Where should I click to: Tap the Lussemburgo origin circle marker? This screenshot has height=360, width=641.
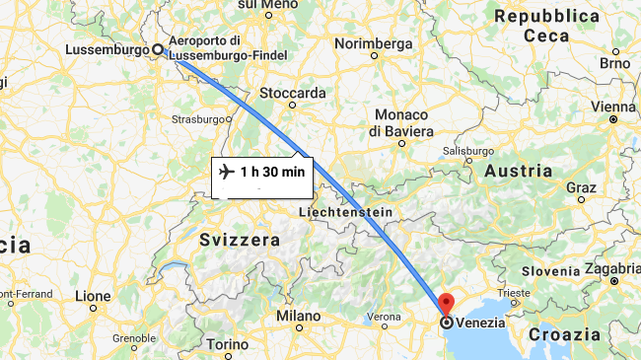pyautogui.click(x=158, y=48)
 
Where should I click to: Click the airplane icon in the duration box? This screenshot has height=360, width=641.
pyautogui.click(x=227, y=172)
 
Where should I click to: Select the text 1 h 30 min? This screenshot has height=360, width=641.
pyautogui.click(x=273, y=172)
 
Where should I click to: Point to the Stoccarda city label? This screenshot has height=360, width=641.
pyautogui.click(x=292, y=93)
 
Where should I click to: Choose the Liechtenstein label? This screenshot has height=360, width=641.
pyautogui.click(x=345, y=212)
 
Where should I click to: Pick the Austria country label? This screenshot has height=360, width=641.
pyautogui.click(x=519, y=171)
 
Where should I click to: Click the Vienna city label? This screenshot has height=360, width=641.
pyautogui.click(x=613, y=107)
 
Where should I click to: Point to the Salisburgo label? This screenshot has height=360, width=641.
pyautogui.click(x=468, y=151)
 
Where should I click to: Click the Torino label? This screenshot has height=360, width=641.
pyautogui.click(x=228, y=344)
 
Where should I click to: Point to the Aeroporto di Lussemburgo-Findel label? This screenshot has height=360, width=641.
pyautogui.click(x=229, y=47)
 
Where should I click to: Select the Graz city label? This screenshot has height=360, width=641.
pyautogui.click(x=581, y=186)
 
